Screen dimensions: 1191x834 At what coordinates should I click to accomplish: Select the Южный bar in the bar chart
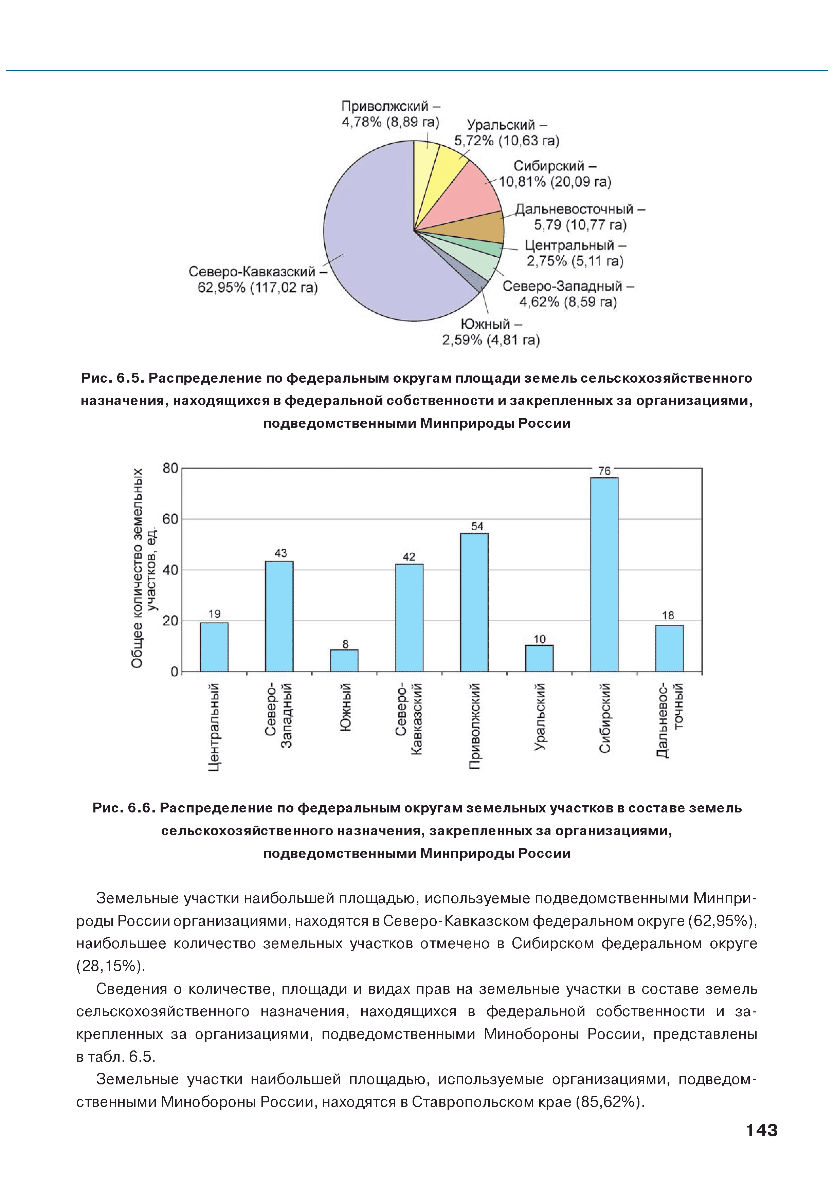coord(344,660)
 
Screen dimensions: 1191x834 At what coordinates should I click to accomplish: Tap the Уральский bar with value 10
coord(539,658)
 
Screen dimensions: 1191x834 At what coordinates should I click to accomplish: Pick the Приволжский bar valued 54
coord(474,602)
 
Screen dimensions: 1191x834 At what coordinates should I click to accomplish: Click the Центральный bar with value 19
coord(214,647)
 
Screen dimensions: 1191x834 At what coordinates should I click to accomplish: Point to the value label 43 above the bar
coord(280,553)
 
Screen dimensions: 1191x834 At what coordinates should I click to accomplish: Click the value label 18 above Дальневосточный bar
coord(668,615)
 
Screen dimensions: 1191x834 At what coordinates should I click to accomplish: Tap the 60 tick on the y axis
coord(170,519)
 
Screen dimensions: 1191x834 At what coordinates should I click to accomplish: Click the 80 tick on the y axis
coord(170,469)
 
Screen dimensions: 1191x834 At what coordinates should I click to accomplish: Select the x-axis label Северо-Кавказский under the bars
coord(409,718)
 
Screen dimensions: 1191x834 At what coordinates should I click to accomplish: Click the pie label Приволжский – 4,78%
coord(390,114)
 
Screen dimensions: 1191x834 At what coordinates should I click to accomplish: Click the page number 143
coord(761,1130)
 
